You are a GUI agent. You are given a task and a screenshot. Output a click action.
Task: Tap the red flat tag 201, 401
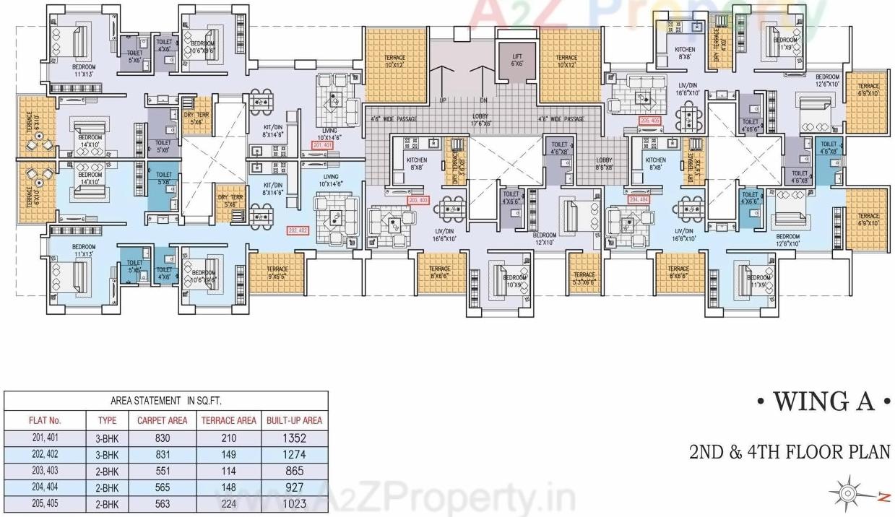pyautogui.click(x=322, y=146)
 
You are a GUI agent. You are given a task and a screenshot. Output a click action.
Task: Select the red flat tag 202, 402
pyautogui.click(x=298, y=230)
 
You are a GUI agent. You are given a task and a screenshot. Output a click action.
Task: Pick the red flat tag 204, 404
pyautogui.click(x=639, y=199)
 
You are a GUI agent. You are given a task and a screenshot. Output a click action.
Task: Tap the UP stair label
pyautogui.click(x=442, y=100)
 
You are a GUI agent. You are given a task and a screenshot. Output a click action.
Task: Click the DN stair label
pyautogui.click(x=483, y=100)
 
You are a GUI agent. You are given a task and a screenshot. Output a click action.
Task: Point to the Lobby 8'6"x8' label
pyautogui.click(x=604, y=163)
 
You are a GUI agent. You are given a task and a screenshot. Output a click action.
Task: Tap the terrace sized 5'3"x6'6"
pyautogui.click(x=584, y=278)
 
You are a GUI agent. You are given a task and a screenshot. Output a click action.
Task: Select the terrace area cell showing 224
pyautogui.click(x=228, y=504)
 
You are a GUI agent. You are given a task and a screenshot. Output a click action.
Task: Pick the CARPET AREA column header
pyautogui.click(x=163, y=420)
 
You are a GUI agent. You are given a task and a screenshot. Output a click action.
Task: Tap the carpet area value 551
pyautogui.click(x=162, y=472)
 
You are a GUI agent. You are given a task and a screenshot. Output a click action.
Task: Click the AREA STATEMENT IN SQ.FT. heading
pyautogui.click(x=167, y=400)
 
